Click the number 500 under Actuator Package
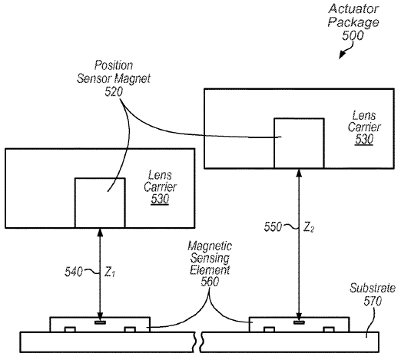coord(353,35)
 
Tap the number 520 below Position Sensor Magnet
coord(114,91)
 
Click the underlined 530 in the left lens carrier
coord(160,199)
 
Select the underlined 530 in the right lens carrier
coord(364,139)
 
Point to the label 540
coord(74,272)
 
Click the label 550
coord(273,226)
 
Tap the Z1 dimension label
coord(110,272)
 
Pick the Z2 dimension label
coord(309,227)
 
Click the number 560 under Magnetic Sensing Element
coord(210,282)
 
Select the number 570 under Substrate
coord(373,301)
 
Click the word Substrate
coord(373,288)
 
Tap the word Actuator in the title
coord(353,8)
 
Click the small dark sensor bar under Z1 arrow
coord(100,322)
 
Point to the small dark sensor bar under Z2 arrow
coord(299,322)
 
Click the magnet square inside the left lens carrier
coord(100,203)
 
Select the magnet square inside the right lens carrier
coord(299,144)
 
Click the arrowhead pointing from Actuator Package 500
coord(342,55)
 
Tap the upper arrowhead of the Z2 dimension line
coord(299,173)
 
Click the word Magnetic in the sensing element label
coord(210,246)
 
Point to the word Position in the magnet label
coord(114,65)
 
